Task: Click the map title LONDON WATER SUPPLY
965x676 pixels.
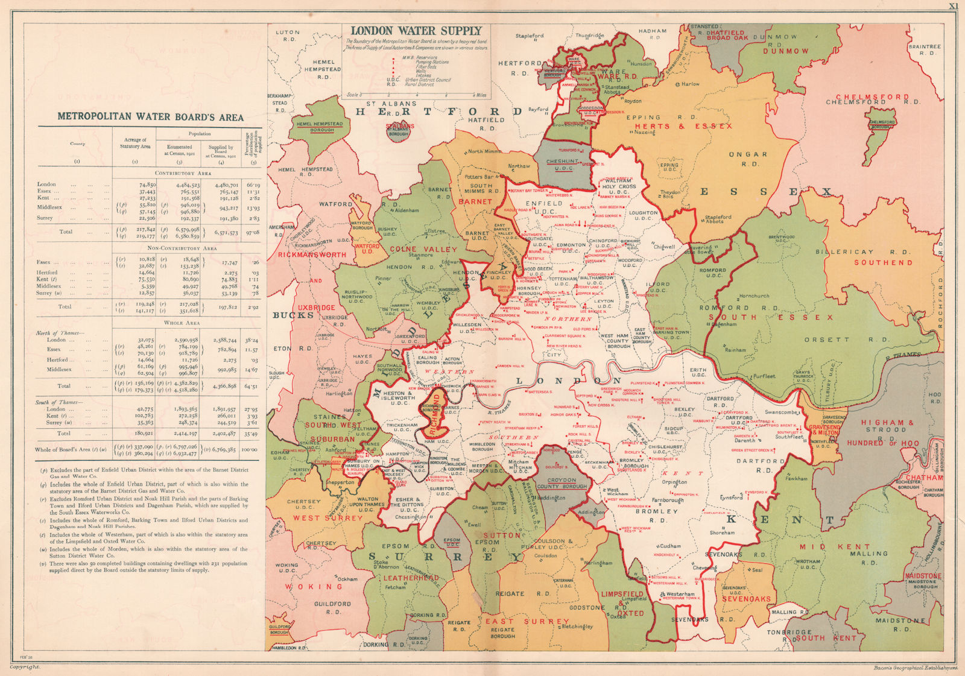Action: click(417, 31)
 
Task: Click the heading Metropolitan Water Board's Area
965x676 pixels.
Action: click(150, 117)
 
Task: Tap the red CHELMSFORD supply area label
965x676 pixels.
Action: click(872, 97)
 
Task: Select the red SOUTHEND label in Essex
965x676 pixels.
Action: click(883, 262)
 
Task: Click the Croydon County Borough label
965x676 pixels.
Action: click(562, 483)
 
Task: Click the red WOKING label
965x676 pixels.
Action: click(314, 586)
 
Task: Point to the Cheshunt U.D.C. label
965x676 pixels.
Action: click(562, 165)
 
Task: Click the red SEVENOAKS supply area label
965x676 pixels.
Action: click(747, 599)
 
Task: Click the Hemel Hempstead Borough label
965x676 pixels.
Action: click(319, 127)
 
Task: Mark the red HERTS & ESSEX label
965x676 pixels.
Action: click(683, 126)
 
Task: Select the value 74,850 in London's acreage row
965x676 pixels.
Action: click(147, 185)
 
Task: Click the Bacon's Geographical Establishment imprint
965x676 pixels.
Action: click(914, 667)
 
